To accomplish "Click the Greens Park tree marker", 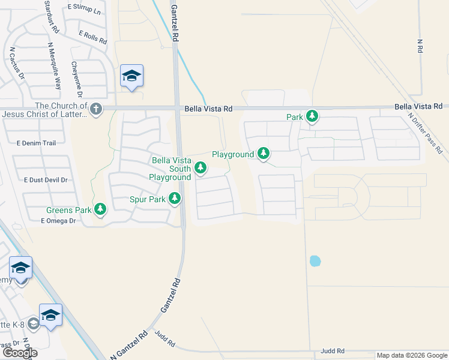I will coord(101,209).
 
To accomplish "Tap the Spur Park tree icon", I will coord(175,198).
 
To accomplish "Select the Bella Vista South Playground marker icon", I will coord(200,170).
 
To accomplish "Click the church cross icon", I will coord(96,109).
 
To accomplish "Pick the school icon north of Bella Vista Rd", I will coord(131,76).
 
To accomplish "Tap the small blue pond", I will coord(315,261).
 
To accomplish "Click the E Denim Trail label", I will coord(36,143).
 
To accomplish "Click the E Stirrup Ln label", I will coord(83,8).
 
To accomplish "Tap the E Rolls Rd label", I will coord(92,38).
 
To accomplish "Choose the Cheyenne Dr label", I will coord(76,79).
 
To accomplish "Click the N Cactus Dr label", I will coord(17,63).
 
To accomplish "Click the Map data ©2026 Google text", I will coord(411,355).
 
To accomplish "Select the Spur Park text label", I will coord(148,199).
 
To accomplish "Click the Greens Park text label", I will coord(68,210).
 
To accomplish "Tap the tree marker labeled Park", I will coord(312,116).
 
